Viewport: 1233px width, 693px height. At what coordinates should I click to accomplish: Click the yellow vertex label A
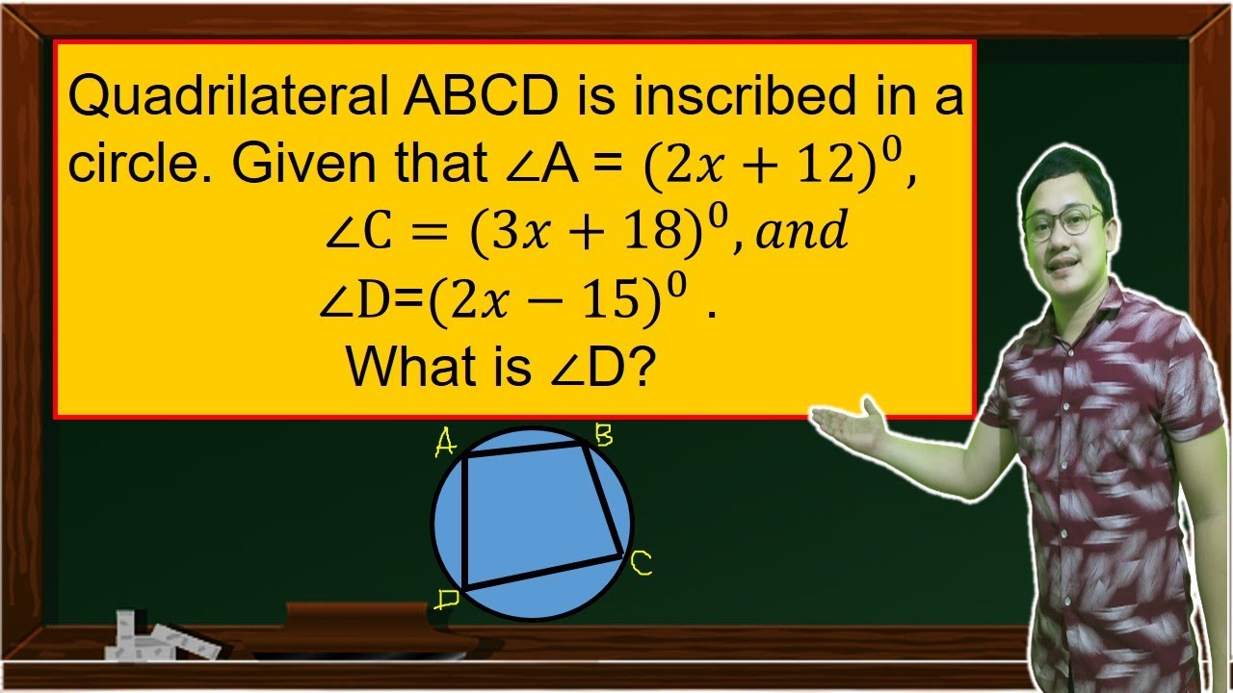(445, 444)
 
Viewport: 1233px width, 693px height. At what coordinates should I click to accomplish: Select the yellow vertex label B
(603, 438)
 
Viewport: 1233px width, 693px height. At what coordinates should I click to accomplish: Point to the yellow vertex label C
(642, 564)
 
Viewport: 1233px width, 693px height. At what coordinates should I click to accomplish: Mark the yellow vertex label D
(446, 600)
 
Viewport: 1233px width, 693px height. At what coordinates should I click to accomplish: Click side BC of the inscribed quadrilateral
(604, 500)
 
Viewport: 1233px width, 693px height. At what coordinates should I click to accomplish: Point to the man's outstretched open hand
(848, 423)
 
